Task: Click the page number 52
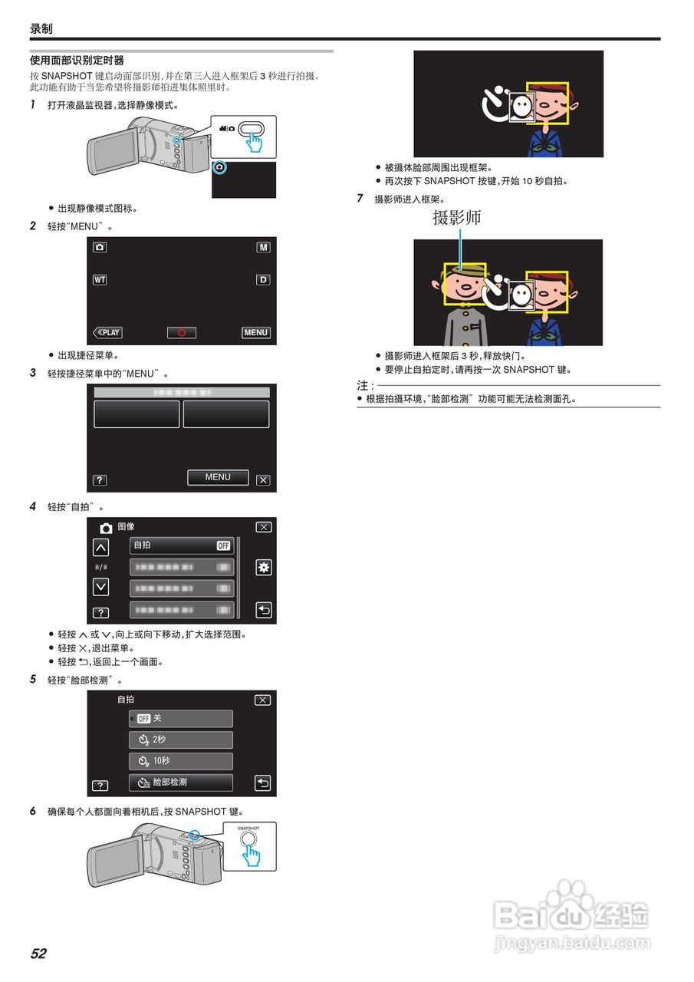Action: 38,954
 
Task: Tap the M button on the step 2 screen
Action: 263,248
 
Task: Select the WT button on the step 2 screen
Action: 100,280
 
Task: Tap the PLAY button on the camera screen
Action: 108,332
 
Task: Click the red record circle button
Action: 182,332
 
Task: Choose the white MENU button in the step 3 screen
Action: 218,477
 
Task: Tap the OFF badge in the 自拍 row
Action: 223,545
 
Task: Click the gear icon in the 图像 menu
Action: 264,568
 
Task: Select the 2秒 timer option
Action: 181,740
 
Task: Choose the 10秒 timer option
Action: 181,761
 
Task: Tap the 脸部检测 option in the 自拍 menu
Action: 181,783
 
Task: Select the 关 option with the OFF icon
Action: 181,718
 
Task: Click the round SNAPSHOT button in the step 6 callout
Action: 248,838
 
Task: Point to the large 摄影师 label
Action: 457,218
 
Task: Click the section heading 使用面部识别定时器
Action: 77,60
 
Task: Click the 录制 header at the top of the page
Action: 41,28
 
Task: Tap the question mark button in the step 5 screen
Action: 100,786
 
